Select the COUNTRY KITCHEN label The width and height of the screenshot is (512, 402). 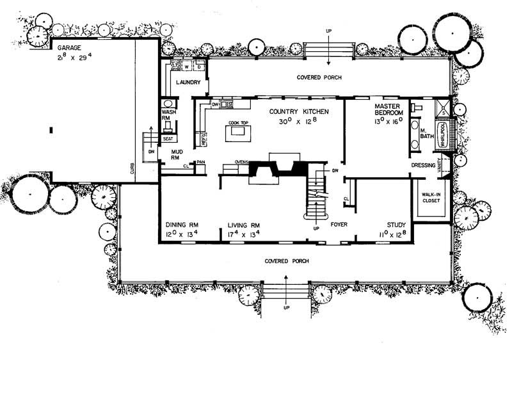299,111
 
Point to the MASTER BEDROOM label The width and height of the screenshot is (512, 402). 387,109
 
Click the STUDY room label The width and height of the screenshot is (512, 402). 396,225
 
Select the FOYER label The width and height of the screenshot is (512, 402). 339,225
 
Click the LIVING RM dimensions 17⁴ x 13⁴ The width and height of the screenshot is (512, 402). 244,235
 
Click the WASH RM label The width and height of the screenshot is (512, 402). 168,115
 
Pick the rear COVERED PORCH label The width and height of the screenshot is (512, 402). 318,77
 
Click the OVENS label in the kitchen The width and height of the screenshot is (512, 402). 241,162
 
